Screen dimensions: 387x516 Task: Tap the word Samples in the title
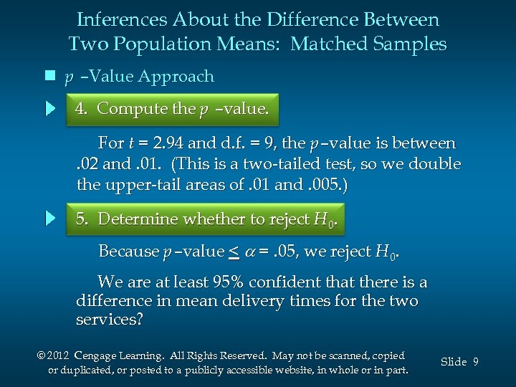pos(408,44)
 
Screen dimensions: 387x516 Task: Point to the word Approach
pos(176,76)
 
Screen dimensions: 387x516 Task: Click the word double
pos(434,164)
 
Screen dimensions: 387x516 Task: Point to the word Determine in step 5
pos(137,219)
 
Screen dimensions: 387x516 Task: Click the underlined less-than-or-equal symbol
pos(234,251)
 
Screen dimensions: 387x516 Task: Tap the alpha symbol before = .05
pos(250,252)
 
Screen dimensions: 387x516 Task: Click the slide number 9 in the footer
pos(475,362)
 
